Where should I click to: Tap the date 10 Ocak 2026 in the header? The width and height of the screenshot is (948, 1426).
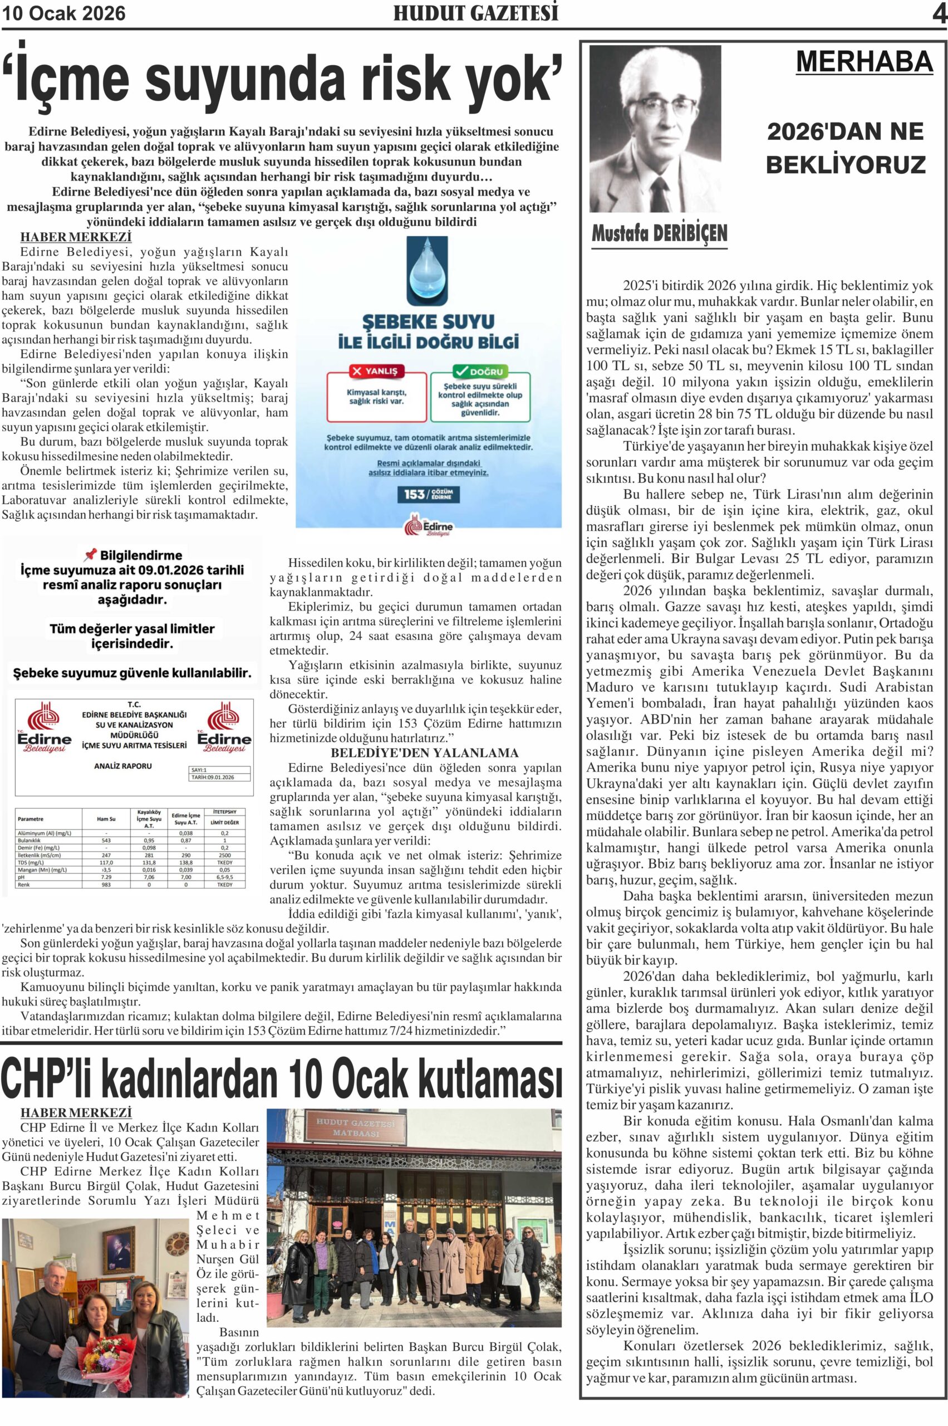(x=64, y=13)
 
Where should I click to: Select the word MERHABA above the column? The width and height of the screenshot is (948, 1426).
(x=864, y=62)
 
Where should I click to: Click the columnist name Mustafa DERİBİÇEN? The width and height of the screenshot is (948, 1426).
(x=659, y=233)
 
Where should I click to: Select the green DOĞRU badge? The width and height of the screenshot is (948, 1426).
(x=480, y=371)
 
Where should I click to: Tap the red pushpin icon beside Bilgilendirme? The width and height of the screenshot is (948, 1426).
(x=90, y=554)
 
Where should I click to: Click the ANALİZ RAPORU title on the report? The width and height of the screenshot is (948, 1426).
(x=124, y=766)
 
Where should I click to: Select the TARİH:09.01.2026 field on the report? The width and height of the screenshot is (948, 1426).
(x=213, y=778)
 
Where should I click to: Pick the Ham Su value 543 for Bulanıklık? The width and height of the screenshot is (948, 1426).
(x=106, y=840)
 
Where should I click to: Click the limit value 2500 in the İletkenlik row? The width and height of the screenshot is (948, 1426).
(x=225, y=856)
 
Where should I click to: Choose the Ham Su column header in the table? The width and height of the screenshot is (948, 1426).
(x=106, y=819)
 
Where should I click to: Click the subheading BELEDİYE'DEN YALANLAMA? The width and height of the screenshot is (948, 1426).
(x=424, y=753)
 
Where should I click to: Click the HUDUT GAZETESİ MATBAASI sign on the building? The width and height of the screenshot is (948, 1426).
(x=356, y=1127)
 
